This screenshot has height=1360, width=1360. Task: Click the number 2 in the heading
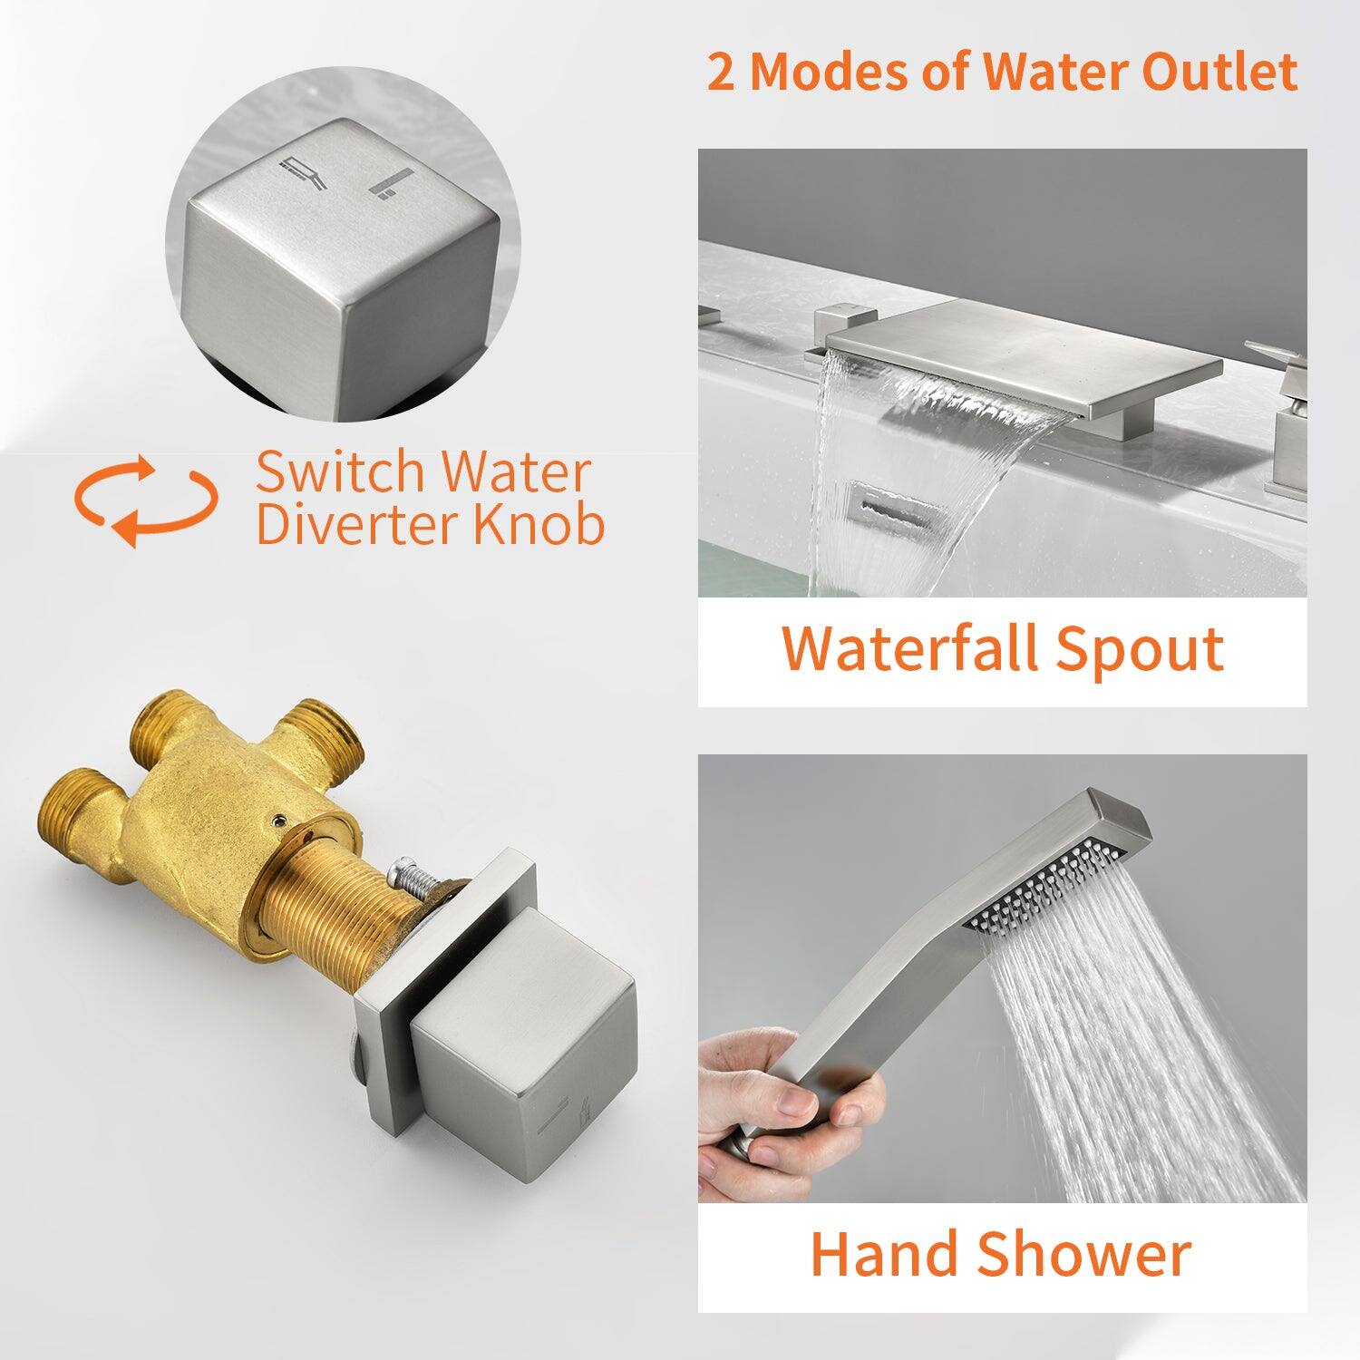pos(722,72)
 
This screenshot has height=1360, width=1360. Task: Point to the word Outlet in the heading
pos(1219,72)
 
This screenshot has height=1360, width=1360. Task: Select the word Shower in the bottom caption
pos(1084,1254)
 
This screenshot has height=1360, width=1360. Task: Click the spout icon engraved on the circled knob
pos(305,171)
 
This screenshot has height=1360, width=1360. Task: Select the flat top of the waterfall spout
pos(1024,343)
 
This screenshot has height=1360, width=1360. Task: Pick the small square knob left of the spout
pos(838,325)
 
